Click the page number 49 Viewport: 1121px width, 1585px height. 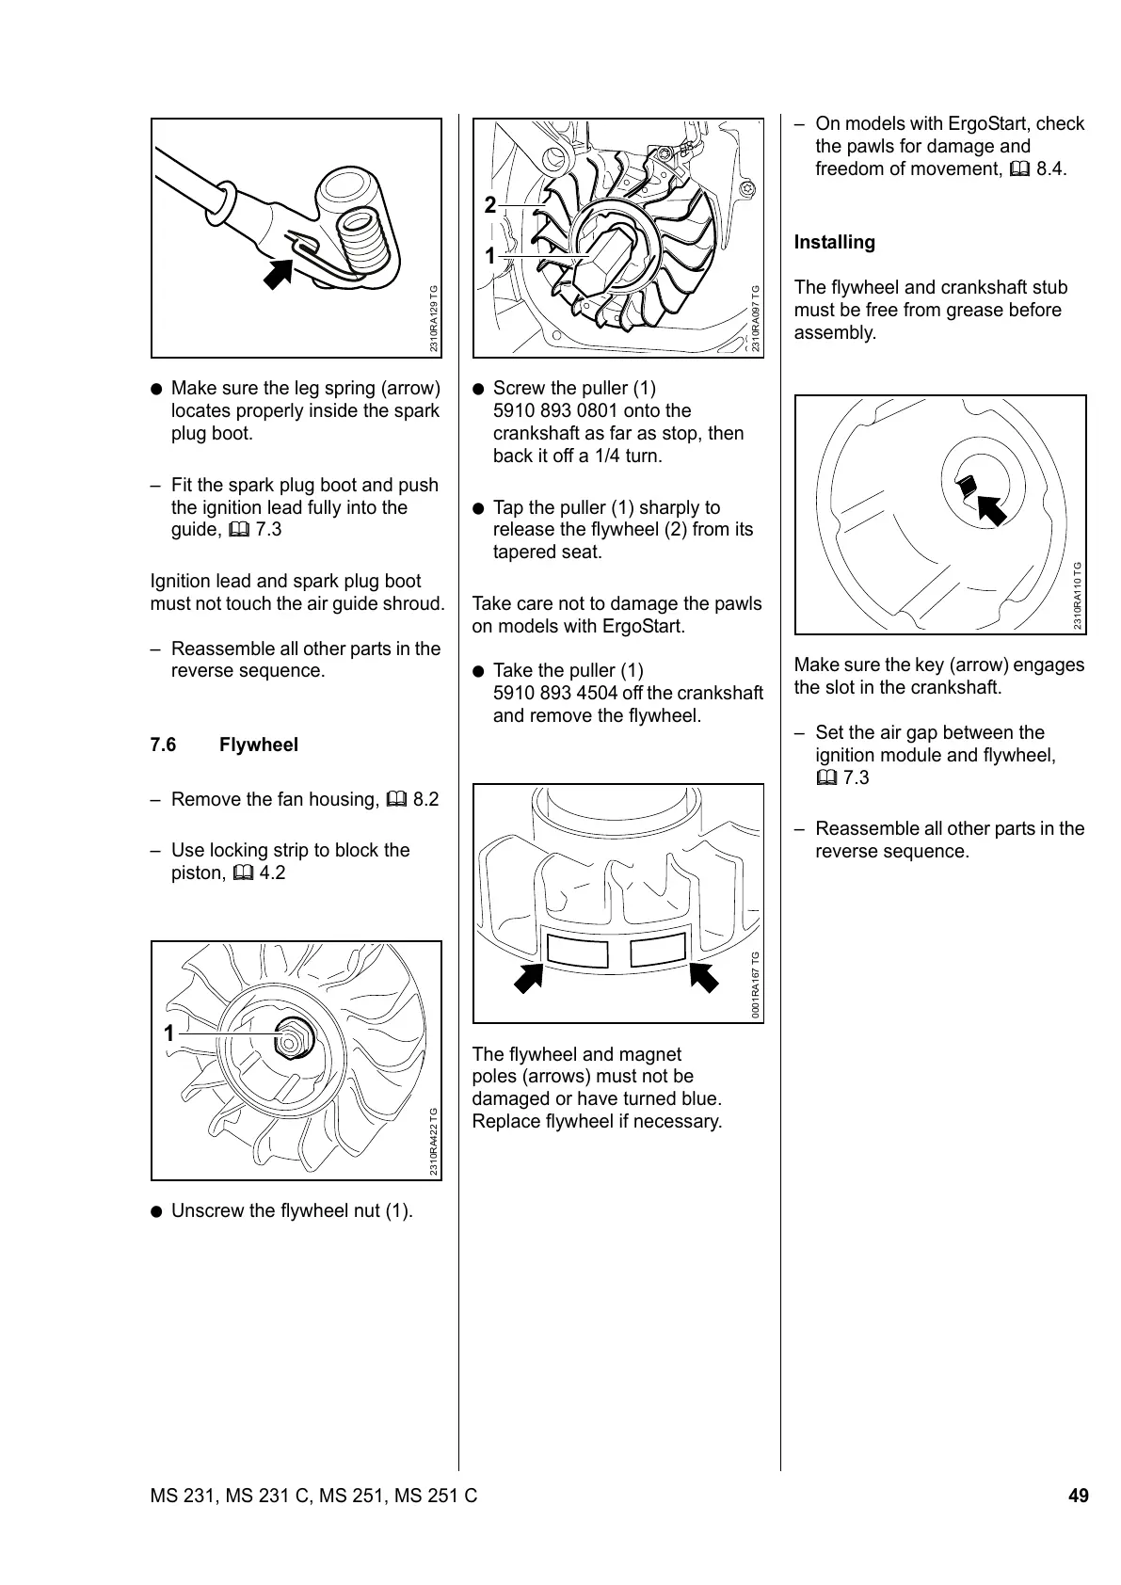1078,1496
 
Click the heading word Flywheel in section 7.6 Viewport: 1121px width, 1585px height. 258,745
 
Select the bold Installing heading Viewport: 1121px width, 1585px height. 834,243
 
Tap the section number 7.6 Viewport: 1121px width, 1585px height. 163,745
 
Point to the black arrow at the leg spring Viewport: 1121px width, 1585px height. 278,273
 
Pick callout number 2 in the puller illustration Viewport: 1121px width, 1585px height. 489,205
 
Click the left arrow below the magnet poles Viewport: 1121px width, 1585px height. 529,977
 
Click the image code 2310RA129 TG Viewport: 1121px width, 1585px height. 434,319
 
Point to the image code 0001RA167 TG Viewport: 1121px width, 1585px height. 756,985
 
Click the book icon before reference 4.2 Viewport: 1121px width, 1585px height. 242,873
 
